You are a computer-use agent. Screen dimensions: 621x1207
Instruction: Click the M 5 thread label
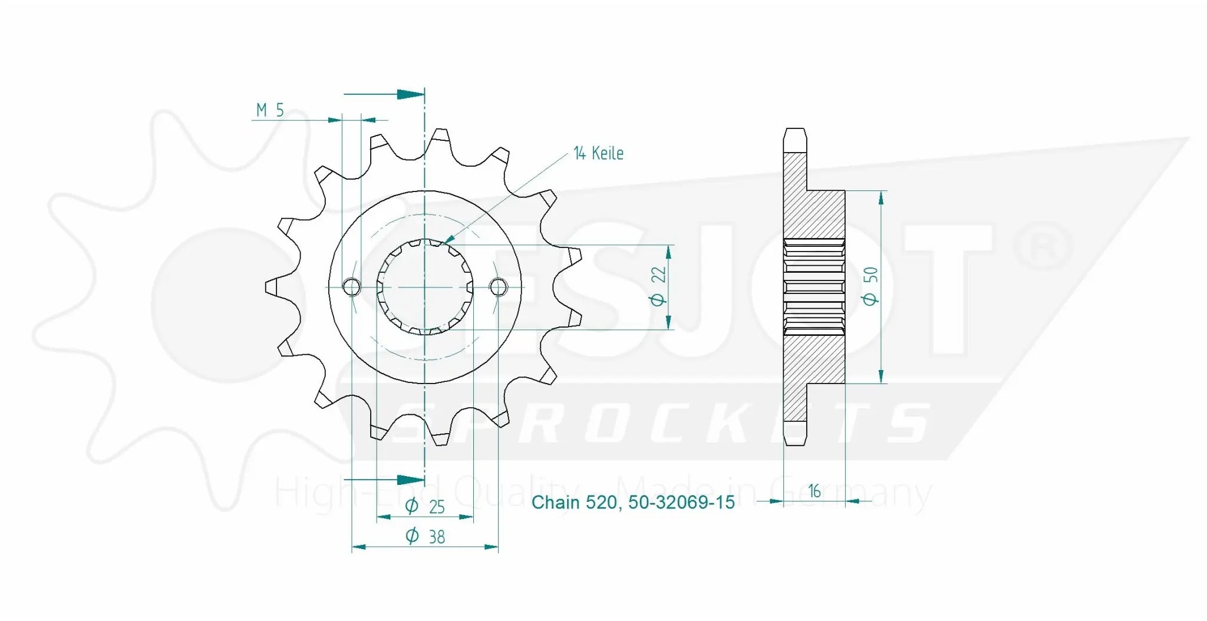coord(269,110)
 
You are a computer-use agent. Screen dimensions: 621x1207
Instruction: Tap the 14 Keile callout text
coord(598,153)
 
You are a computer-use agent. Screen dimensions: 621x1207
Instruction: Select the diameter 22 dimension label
coord(658,286)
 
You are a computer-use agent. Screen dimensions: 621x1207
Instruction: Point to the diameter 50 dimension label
coord(870,286)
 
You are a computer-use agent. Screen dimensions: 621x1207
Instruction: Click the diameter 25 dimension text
coord(425,506)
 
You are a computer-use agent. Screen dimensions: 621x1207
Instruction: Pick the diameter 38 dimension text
coord(425,536)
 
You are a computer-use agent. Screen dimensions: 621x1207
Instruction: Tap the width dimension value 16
coord(814,491)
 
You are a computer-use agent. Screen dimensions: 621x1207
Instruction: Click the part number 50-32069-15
coord(681,503)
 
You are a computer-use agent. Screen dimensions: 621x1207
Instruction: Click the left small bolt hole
coord(351,287)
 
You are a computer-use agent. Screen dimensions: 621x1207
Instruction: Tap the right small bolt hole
coord(498,287)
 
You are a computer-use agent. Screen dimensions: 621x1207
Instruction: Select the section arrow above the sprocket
coord(409,94)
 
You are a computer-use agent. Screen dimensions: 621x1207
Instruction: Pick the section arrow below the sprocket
coord(409,480)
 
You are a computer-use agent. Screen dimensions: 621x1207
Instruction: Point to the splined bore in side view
coord(814,286)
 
